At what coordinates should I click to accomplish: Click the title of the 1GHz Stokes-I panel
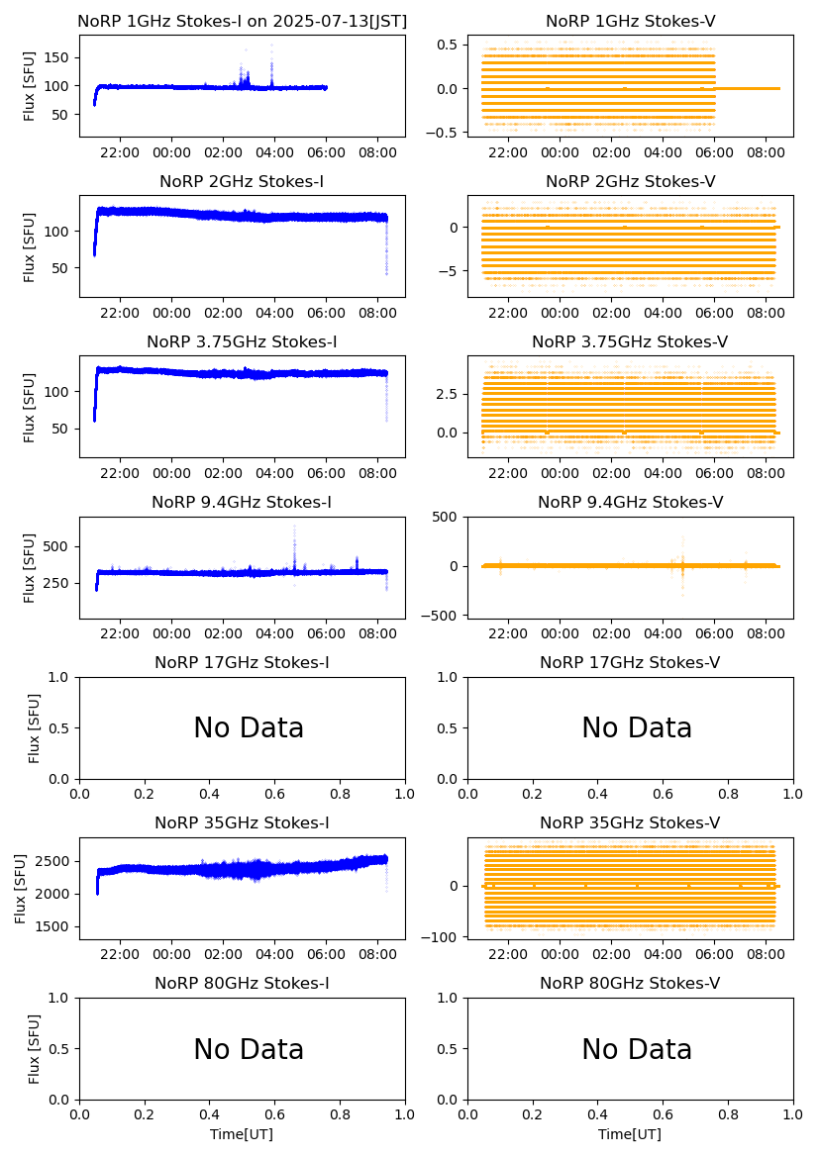click(242, 21)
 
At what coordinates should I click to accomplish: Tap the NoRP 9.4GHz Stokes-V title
click(630, 503)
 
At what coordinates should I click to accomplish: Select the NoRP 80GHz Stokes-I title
click(242, 984)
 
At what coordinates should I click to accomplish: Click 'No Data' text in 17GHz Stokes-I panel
click(249, 728)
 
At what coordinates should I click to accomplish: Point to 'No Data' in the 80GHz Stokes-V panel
click(637, 1049)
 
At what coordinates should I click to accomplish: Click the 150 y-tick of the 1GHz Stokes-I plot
click(58, 57)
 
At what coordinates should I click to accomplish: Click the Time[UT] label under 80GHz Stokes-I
click(242, 1134)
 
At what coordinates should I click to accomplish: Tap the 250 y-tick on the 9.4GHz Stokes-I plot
click(58, 583)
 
